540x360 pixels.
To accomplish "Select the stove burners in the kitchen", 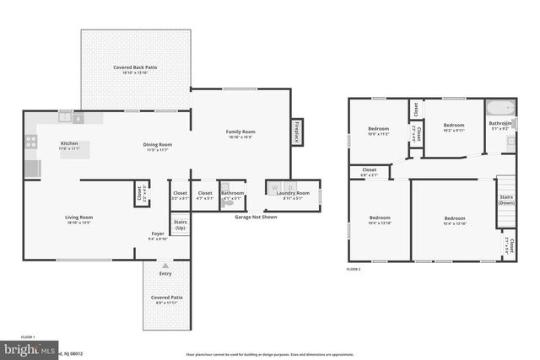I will tap(30, 142).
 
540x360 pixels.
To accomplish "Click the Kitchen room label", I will tap(69, 143).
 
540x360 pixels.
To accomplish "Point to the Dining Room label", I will tap(157, 144).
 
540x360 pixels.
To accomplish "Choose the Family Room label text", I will tap(240, 132).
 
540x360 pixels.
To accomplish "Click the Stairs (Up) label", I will tap(180, 225).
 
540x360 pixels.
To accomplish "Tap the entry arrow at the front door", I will tap(165, 265).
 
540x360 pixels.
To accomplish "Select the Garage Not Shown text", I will tap(256, 217).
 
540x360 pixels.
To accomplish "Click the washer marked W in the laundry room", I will tap(275, 187).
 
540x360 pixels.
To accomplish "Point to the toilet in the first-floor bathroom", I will tap(225, 189).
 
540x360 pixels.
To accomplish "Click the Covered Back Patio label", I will tap(136, 67).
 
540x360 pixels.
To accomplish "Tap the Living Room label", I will tap(79, 218).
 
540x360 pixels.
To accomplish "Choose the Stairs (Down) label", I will tap(506, 199).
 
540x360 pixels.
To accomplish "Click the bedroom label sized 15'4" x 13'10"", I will tap(456, 220).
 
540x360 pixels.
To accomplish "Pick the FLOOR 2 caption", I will tap(354, 269).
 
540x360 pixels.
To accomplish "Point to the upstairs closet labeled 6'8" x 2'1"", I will tap(370, 172).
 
